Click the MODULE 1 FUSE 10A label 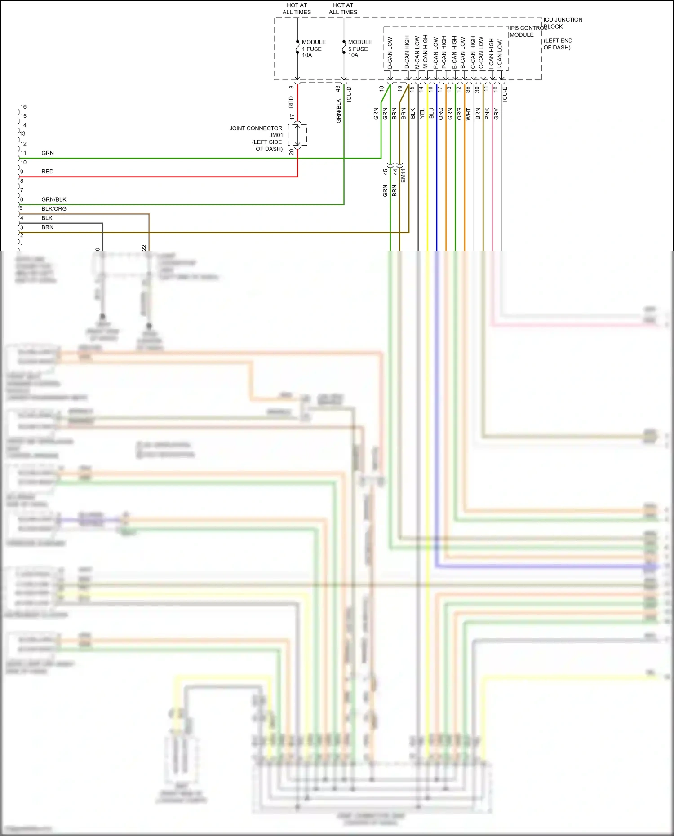click(x=313, y=49)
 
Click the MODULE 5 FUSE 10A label click(x=359, y=49)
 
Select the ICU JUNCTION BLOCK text click(x=563, y=23)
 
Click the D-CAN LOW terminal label click(x=390, y=53)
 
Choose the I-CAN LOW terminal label click(x=500, y=53)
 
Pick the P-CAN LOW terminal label click(x=435, y=53)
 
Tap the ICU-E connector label click(x=505, y=94)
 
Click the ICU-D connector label click(x=349, y=94)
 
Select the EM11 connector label click(x=403, y=175)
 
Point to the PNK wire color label click(x=487, y=114)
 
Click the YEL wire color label click(x=422, y=114)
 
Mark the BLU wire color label click(x=431, y=114)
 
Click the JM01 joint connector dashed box click(x=297, y=135)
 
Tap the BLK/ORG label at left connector click(x=54, y=208)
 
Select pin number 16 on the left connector click(x=23, y=106)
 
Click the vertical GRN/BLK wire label click(x=338, y=111)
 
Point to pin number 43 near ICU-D click(x=337, y=89)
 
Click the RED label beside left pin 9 click(x=47, y=171)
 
